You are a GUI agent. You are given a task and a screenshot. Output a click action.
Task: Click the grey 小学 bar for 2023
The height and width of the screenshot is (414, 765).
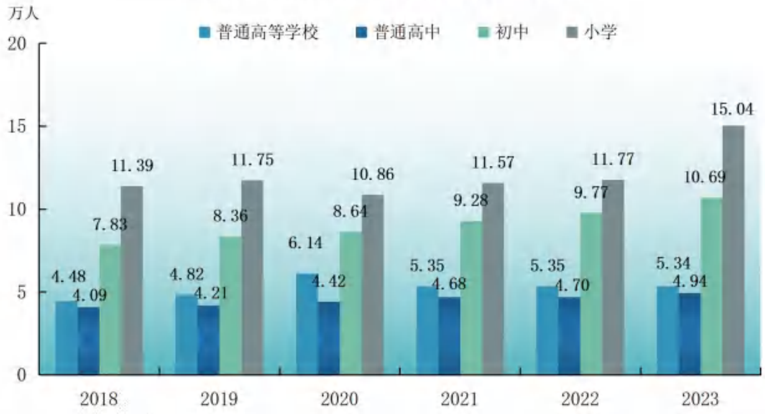click(x=734, y=250)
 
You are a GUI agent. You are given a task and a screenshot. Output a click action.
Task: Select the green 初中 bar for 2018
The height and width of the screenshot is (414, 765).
click(x=110, y=310)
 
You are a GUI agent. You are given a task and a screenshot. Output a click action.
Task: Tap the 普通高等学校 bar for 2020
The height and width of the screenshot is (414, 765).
click(x=307, y=324)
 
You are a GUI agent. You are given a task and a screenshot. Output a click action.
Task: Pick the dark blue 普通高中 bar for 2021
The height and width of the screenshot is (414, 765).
click(x=449, y=336)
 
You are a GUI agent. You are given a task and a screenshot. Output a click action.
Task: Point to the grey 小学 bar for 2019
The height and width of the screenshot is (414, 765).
click(x=252, y=277)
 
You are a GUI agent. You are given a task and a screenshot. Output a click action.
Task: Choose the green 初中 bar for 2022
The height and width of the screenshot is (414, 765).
click(x=591, y=293)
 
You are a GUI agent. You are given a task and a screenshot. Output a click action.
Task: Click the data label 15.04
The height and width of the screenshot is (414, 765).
click(x=732, y=109)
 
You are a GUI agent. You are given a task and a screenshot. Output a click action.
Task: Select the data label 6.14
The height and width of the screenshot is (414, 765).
click(x=305, y=243)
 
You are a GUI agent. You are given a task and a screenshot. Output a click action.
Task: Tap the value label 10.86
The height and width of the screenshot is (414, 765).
click(x=373, y=174)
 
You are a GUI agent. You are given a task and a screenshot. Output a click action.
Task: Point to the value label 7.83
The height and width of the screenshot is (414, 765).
click(x=110, y=224)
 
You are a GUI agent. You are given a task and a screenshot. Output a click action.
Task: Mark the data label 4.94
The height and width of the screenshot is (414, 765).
click(x=690, y=281)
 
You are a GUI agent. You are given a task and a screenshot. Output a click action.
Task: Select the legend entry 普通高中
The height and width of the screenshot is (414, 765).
click(x=397, y=32)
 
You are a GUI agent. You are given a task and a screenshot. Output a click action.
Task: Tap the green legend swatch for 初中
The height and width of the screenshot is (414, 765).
click(x=483, y=32)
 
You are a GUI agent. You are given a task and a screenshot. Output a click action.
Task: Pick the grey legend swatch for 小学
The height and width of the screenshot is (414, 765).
click(x=572, y=32)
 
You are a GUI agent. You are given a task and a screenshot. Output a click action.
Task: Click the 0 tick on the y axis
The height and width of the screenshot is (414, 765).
click(x=21, y=375)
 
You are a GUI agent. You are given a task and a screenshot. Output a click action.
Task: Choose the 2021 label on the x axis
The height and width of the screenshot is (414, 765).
click(x=459, y=399)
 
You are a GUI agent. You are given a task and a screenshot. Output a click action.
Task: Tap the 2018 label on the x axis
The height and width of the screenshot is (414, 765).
click(x=99, y=399)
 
